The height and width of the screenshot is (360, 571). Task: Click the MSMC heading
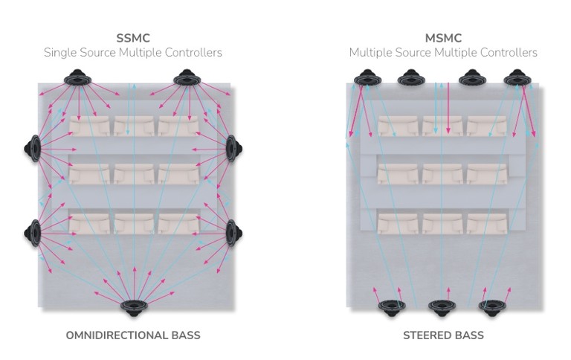click(443, 38)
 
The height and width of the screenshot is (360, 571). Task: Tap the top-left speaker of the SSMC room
click(77, 77)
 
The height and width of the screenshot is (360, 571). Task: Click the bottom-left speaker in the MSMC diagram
click(391, 305)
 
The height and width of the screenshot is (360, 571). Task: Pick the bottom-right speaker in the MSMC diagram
click(492, 305)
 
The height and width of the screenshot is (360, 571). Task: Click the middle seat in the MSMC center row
click(442, 173)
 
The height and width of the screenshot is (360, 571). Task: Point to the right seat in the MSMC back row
click(487, 222)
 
